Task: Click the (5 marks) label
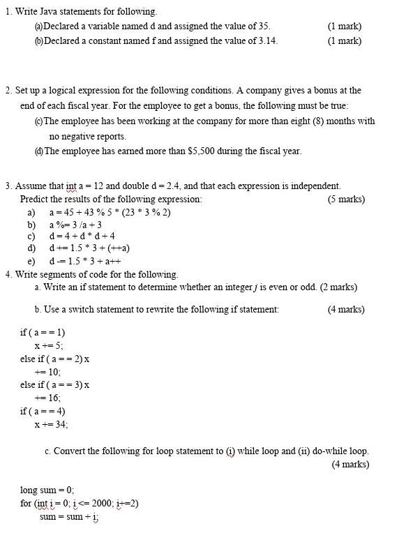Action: click(346, 200)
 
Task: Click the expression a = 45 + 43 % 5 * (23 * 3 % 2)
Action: click(110, 213)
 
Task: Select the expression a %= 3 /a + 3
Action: click(75, 225)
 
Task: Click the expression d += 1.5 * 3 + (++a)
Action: click(89, 248)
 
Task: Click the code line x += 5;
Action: click(49, 345)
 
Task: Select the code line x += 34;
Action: click(52, 424)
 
